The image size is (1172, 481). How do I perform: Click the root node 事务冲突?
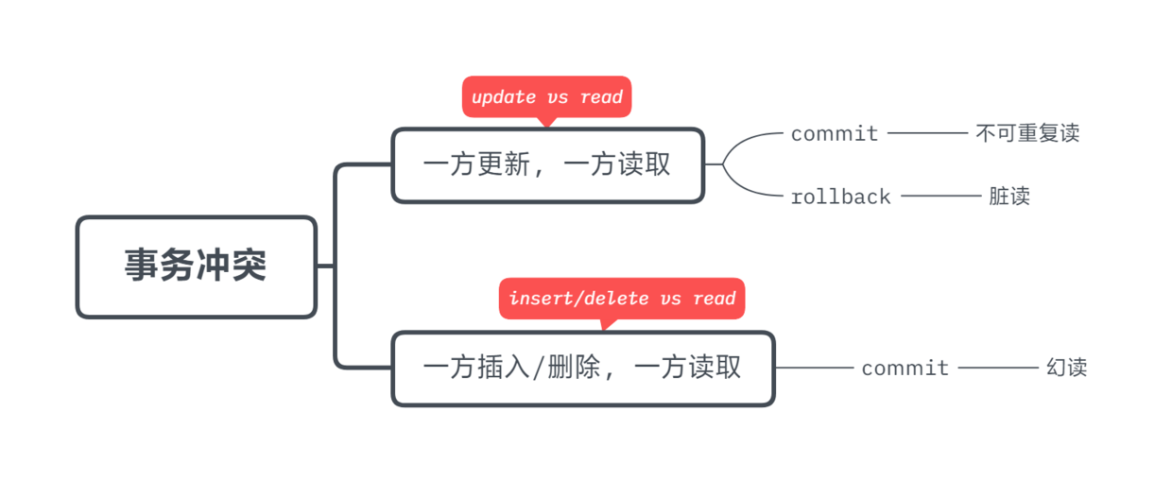coord(196,266)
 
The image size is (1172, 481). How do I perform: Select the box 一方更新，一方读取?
coord(547,165)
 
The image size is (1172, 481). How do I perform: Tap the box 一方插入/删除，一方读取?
coord(582,368)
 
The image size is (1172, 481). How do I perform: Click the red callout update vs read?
coord(546,97)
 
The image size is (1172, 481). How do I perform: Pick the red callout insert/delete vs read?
coord(622,299)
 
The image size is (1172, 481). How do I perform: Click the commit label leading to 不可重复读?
coord(834,133)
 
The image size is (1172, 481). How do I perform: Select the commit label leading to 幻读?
coord(905,368)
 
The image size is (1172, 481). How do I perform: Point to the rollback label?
coord(840,197)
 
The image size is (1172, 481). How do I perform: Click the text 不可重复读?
coord(1026,133)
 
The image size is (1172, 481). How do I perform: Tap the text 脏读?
coord(1008,197)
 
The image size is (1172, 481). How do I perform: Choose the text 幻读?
coord(1066,368)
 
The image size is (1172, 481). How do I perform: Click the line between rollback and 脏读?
coord(940,197)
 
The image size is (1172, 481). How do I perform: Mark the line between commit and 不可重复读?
coord(926,133)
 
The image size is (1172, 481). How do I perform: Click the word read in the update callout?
coord(601,97)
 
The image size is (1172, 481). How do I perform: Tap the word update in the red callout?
coord(504,97)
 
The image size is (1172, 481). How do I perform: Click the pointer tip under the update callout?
coord(546,125)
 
